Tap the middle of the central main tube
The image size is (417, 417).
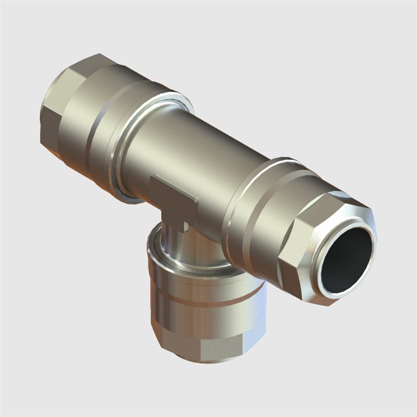[197, 162]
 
